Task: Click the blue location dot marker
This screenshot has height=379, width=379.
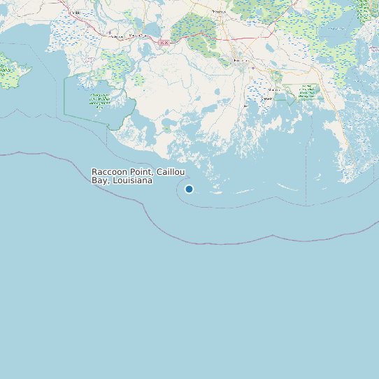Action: pos(189,189)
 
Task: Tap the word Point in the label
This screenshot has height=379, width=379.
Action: pos(143,171)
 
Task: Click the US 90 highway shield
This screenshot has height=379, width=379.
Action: pos(164,43)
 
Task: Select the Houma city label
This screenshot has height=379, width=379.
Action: pos(241,62)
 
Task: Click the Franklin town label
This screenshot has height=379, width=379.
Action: pos(74,12)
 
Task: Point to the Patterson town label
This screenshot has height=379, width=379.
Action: pos(115,36)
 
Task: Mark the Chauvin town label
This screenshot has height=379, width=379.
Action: pos(266,99)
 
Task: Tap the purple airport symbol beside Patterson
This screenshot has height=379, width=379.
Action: pos(106,34)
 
